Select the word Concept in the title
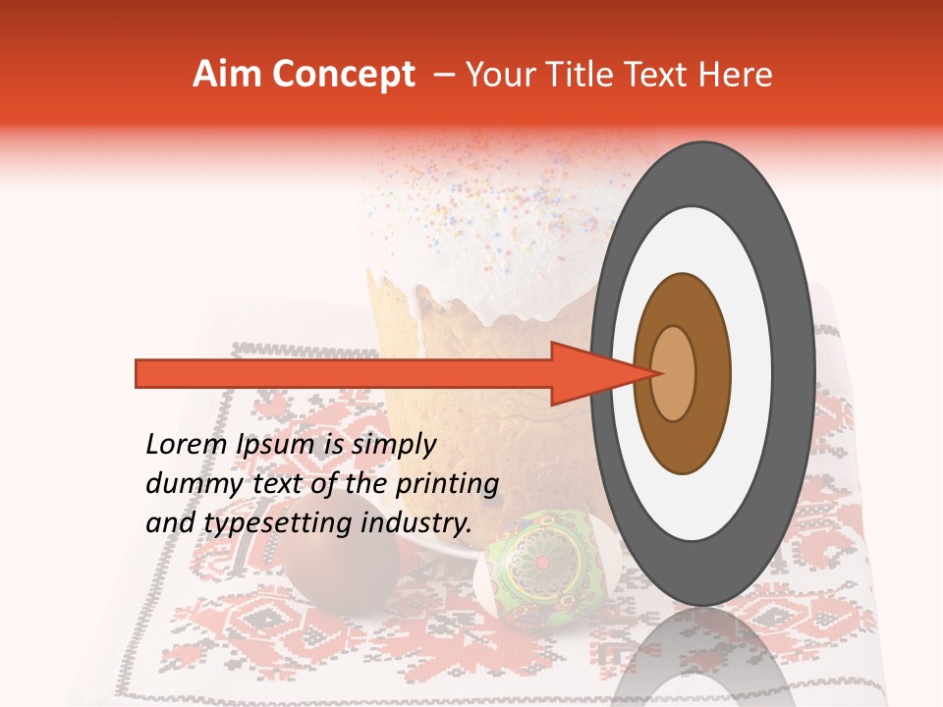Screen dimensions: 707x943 (x=344, y=76)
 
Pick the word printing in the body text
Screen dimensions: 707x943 (x=448, y=485)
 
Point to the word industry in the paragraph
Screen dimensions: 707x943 (x=417, y=523)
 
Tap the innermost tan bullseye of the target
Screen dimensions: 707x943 (x=674, y=373)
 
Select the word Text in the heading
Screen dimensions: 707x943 (x=662, y=75)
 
